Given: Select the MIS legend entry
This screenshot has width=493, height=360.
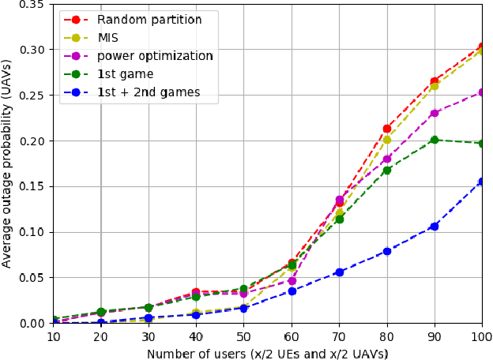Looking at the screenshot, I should (x=107, y=38).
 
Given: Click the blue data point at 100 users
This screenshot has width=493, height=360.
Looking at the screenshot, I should (x=482, y=182).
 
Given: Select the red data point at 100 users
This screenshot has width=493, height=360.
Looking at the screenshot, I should (x=482, y=47).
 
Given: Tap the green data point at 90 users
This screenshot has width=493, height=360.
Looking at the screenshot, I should (x=434, y=140).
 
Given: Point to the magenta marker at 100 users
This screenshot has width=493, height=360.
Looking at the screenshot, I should (x=482, y=92).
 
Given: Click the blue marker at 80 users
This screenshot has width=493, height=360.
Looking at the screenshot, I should (x=386, y=251).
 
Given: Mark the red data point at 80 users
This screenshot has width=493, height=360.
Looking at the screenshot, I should (x=386, y=129).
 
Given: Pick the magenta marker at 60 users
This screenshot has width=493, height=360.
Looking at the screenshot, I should (x=292, y=281).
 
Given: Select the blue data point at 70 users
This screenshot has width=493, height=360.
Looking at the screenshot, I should (x=339, y=272).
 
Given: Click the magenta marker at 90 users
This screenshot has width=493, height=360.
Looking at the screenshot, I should (x=434, y=113).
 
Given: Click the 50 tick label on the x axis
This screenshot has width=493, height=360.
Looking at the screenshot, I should (x=243, y=337).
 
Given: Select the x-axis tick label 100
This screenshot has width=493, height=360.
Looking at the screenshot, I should (x=480, y=337).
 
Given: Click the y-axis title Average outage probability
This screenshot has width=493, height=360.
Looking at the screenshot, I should (x=7, y=164).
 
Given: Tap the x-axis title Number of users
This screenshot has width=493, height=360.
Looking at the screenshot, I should (x=267, y=353).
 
